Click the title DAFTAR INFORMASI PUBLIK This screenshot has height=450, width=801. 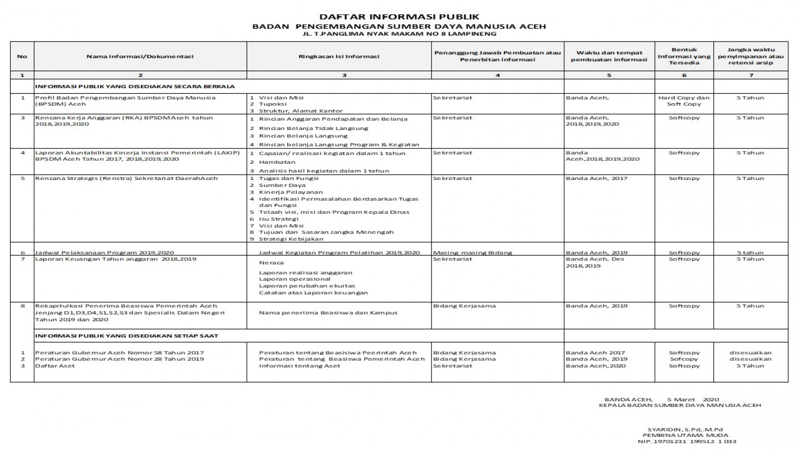[x=399, y=17]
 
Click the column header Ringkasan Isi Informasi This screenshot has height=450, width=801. [x=339, y=56]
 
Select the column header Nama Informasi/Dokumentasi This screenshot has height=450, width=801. [x=140, y=56]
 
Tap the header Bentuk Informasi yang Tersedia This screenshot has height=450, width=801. [x=684, y=56]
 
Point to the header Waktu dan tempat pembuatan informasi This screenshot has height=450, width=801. [x=609, y=56]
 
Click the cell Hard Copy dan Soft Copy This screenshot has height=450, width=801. [x=684, y=101]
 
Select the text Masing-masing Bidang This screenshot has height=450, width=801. [x=472, y=253]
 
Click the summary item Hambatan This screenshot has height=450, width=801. [x=277, y=162]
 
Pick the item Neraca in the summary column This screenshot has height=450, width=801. [x=271, y=263]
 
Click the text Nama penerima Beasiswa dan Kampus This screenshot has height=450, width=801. [x=328, y=313]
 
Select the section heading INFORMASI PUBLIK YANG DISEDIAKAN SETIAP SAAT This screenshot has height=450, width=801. [x=126, y=336]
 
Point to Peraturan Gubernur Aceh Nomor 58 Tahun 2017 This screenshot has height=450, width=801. [x=119, y=353]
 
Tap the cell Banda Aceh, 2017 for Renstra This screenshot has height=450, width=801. [x=597, y=178]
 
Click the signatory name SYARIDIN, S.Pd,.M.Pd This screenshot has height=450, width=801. [x=685, y=429]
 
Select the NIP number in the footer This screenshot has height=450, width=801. [x=687, y=442]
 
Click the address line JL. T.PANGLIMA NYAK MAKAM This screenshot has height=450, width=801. [x=399, y=34]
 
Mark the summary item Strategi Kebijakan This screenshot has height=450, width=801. [x=291, y=239]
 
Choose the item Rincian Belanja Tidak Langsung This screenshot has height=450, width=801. [x=314, y=128]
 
